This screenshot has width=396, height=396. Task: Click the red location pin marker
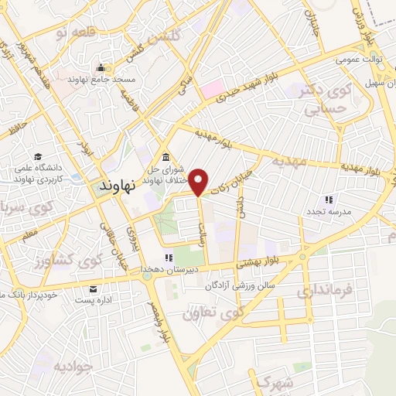pos(200,181)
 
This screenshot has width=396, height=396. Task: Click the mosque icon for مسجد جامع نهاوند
pos(100,68)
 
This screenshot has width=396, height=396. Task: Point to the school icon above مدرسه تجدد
pos(329,200)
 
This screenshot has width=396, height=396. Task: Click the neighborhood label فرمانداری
pos(324,291)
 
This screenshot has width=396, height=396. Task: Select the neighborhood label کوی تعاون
pos(207,314)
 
